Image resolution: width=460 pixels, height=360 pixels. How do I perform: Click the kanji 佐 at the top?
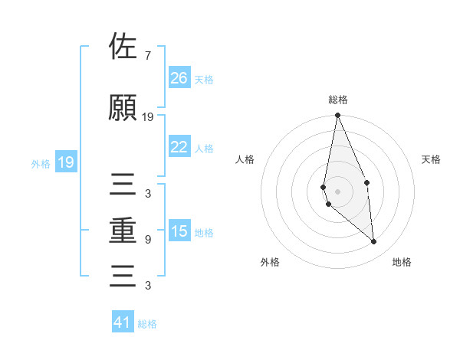(123, 47)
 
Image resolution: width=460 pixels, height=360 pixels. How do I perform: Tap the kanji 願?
(123, 108)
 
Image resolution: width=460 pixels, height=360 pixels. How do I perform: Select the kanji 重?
(123, 231)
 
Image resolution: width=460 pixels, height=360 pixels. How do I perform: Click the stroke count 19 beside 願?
(148, 117)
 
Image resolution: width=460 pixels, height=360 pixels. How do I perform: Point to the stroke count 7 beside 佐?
(147, 56)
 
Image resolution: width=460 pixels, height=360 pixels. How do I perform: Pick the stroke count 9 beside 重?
(147, 240)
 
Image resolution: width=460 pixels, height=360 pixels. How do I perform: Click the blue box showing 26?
(179, 78)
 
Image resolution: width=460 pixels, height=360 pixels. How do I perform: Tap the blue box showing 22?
(179, 147)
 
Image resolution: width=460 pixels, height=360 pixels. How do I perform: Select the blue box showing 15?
(179, 231)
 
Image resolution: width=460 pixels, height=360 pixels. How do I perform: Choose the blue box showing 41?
(123, 322)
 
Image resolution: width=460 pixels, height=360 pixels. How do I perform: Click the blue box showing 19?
(65, 162)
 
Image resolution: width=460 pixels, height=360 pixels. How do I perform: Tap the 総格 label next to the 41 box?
(147, 324)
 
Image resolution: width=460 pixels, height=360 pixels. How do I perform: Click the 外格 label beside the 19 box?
(41, 163)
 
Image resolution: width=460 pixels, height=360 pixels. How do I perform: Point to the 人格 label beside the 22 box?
(204, 148)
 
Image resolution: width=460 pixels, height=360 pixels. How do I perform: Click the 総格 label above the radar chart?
(338, 100)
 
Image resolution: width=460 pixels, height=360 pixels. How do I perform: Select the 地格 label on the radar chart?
(402, 262)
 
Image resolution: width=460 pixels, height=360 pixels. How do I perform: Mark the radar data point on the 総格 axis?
(338, 116)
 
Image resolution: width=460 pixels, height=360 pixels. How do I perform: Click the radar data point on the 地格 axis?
(374, 242)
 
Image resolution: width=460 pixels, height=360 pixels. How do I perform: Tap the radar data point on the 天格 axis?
(367, 182)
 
